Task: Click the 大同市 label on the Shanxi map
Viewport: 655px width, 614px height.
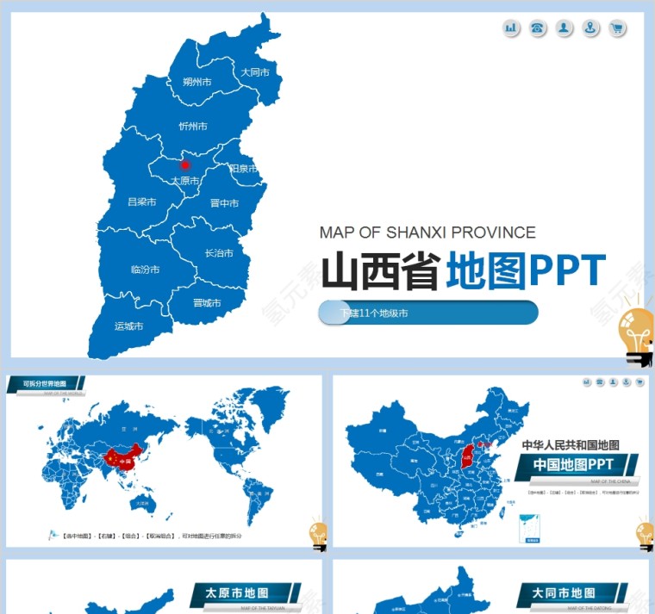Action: point(255,72)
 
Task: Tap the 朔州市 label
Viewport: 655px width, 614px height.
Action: point(197,83)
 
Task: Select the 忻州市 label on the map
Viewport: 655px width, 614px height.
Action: point(193,127)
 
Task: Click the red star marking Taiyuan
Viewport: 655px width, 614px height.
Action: point(184,164)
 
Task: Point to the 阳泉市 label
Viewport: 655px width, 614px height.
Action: point(244,169)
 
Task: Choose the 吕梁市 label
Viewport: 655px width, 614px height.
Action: point(141,202)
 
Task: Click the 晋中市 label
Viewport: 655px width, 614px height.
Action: point(224,204)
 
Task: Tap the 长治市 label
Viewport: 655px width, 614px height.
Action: point(219,253)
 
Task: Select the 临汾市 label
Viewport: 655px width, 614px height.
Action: point(145,270)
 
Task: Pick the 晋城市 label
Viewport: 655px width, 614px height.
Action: point(207,303)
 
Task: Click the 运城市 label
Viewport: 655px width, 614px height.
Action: point(128,326)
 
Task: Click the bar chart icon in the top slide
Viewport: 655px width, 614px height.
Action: point(511,28)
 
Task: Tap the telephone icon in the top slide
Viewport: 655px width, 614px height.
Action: point(538,28)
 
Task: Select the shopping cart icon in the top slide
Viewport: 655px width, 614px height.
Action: point(617,28)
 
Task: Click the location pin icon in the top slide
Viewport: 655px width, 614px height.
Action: point(590,28)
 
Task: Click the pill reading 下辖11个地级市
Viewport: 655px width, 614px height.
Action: point(428,313)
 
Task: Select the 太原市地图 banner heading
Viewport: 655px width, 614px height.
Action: point(237,593)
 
